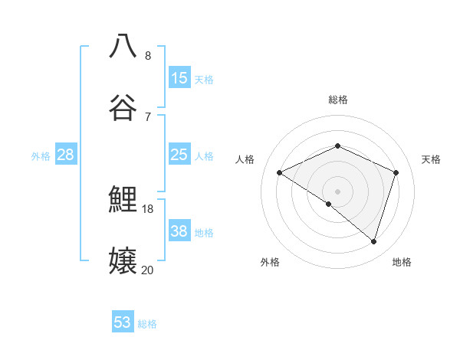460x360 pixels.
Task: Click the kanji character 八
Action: pos(123,46)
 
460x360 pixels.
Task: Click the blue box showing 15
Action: pos(179,78)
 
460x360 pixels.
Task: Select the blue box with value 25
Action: pos(179,155)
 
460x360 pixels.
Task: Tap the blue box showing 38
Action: pos(179,231)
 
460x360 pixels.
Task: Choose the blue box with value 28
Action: pos(66,155)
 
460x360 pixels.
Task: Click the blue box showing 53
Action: pos(123,322)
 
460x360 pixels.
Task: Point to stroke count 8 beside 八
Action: pos(148,56)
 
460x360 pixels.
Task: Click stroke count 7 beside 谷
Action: pos(148,117)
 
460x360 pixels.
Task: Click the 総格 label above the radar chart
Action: pos(337,100)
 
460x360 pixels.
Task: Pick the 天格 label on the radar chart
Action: pos(431,159)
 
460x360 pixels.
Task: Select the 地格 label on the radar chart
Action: pos(402,262)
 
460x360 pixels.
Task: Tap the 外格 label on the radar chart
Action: pos(270,262)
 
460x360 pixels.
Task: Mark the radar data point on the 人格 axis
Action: pos(280,173)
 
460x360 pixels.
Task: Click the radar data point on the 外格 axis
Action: pos(329,204)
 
